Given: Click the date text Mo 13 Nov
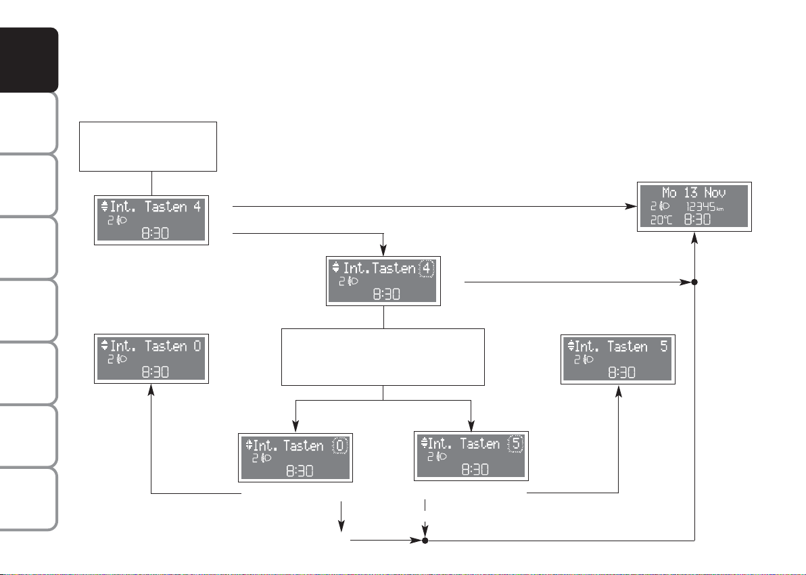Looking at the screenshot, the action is coord(694,193).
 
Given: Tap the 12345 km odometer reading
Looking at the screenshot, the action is coord(705,207).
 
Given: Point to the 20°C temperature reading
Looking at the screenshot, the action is coord(661,220).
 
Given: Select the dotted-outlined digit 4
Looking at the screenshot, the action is coord(427,268).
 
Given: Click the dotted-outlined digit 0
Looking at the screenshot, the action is coord(340,445).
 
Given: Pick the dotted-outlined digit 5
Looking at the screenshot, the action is coord(515,443).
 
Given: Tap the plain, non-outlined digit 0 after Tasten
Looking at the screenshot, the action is coord(197,346).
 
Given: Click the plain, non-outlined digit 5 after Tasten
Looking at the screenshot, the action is coord(663,347).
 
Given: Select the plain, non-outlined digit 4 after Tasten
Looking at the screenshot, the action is coord(197,207).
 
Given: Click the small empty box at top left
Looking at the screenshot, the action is coord(148,147).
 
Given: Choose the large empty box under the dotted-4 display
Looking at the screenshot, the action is coord(383,357).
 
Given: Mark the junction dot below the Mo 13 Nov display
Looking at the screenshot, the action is coord(694,282).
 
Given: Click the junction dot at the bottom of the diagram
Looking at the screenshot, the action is coord(425,541).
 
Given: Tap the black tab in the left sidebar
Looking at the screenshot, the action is coord(29,60).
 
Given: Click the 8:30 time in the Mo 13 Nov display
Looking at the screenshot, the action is coord(697,220).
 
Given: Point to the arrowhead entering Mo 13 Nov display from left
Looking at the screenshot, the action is coord(632,207).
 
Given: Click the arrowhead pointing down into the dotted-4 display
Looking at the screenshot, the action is coord(383,250).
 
